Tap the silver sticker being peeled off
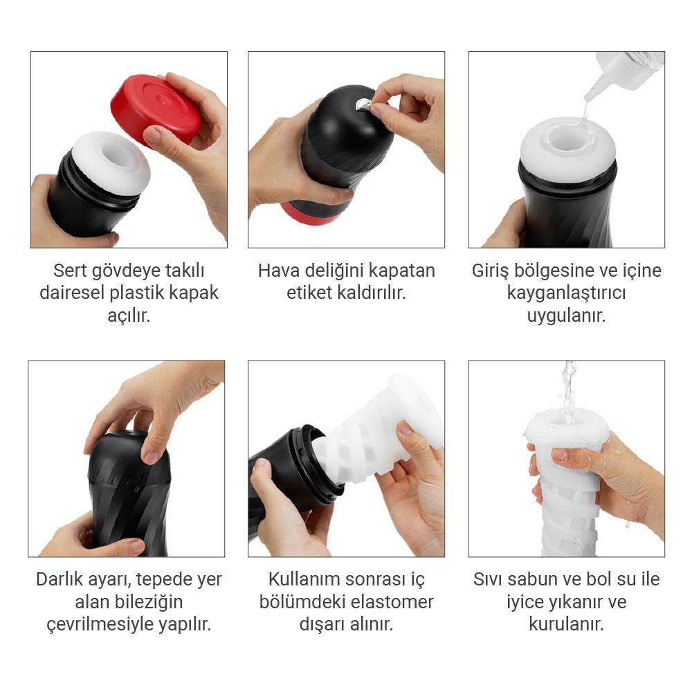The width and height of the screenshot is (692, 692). coord(361,105)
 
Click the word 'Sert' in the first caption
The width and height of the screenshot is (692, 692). coord(71,270)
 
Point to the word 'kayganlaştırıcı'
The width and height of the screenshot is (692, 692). coord(566,293)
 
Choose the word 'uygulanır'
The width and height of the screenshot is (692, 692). coord(566,316)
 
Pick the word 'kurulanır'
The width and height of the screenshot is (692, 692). coord(566,624)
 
